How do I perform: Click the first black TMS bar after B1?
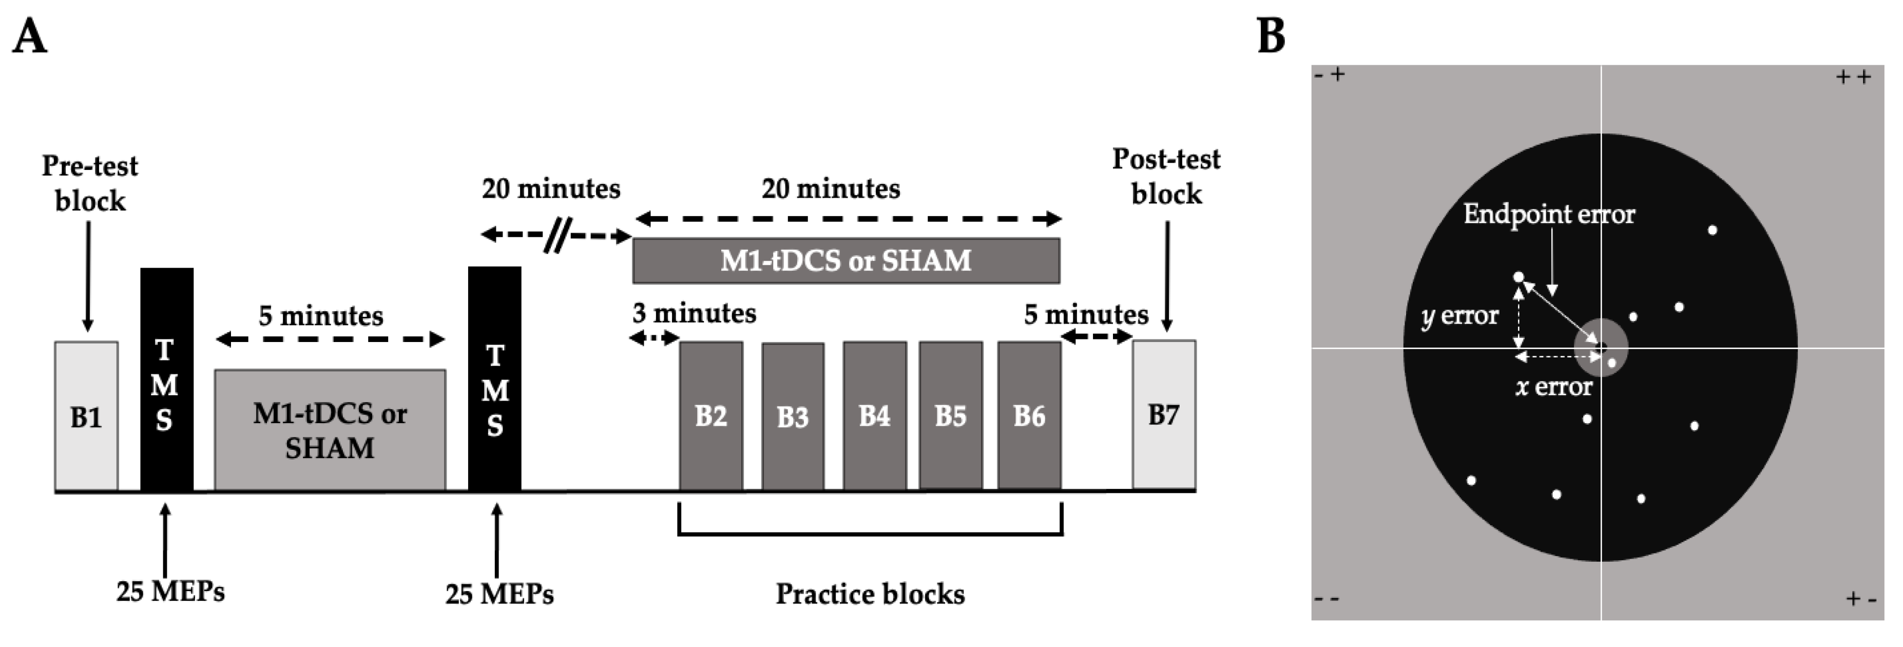click(x=166, y=379)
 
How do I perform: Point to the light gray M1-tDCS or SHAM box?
click(x=330, y=429)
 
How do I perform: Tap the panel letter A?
click(x=30, y=37)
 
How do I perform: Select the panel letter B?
click(x=1271, y=37)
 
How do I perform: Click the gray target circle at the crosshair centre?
click(x=1600, y=347)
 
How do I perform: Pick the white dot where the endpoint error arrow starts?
click(x=1519, y=277)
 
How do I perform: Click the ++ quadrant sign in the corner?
click(x=1854, y=78)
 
